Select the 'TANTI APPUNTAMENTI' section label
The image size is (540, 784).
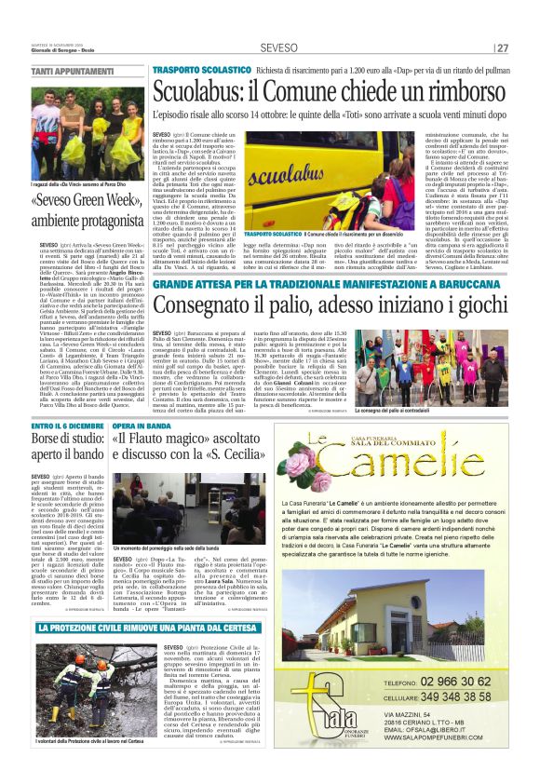tap(67, 72)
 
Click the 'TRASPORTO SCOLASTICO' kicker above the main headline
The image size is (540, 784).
tap(201, 70)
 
